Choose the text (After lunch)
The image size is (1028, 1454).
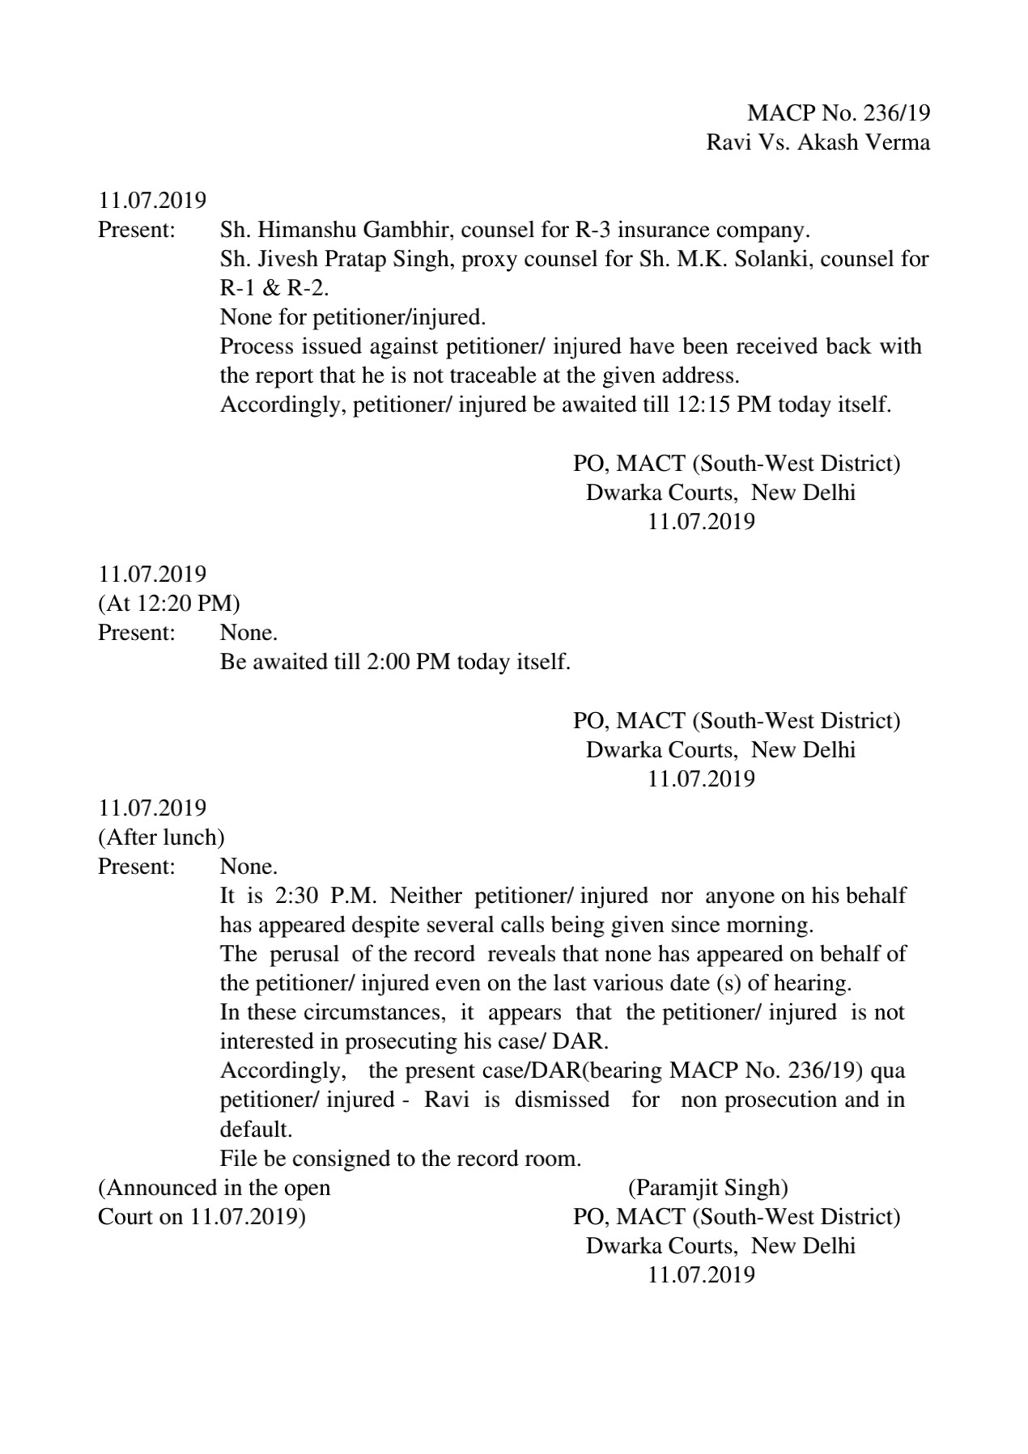pyautogui.click(x=161, y=837)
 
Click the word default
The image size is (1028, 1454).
pyautogui.click(x=256, y=1129)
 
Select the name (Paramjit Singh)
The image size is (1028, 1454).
pyautogui.click(x=707, y=1188)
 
